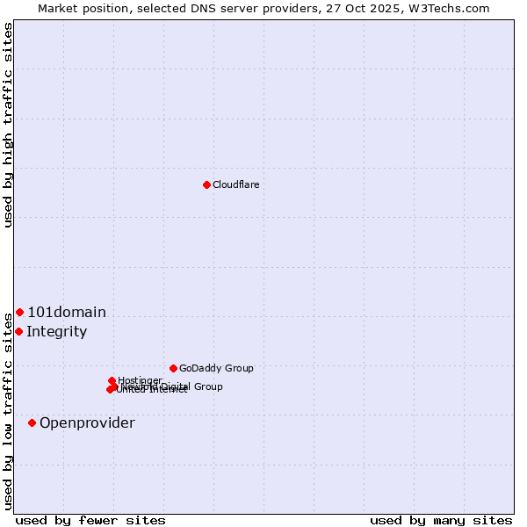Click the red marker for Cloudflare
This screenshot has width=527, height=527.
(206, 184)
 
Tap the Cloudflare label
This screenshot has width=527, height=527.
(235, 184)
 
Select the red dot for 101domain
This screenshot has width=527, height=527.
(19, 312)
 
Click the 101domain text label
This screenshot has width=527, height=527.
(67, 313)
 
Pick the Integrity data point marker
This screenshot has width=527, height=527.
(18, 331)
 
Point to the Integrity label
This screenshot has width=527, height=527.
(56, 332)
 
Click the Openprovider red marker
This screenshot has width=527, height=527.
(32, 422)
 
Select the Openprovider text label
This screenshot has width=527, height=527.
(87, 423)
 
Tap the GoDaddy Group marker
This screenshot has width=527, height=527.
(173, 368)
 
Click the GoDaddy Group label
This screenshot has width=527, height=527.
(216, 368)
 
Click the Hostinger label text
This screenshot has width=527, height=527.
(141, 380)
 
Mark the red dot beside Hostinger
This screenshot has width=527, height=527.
(112, 380)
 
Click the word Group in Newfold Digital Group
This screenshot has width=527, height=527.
(208, 386)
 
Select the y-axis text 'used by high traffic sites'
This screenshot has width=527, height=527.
(9, 125)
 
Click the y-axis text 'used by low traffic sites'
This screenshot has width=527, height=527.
(9, 410)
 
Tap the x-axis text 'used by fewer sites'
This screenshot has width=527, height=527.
(90, 521)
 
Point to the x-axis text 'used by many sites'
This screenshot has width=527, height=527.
(441, 521)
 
